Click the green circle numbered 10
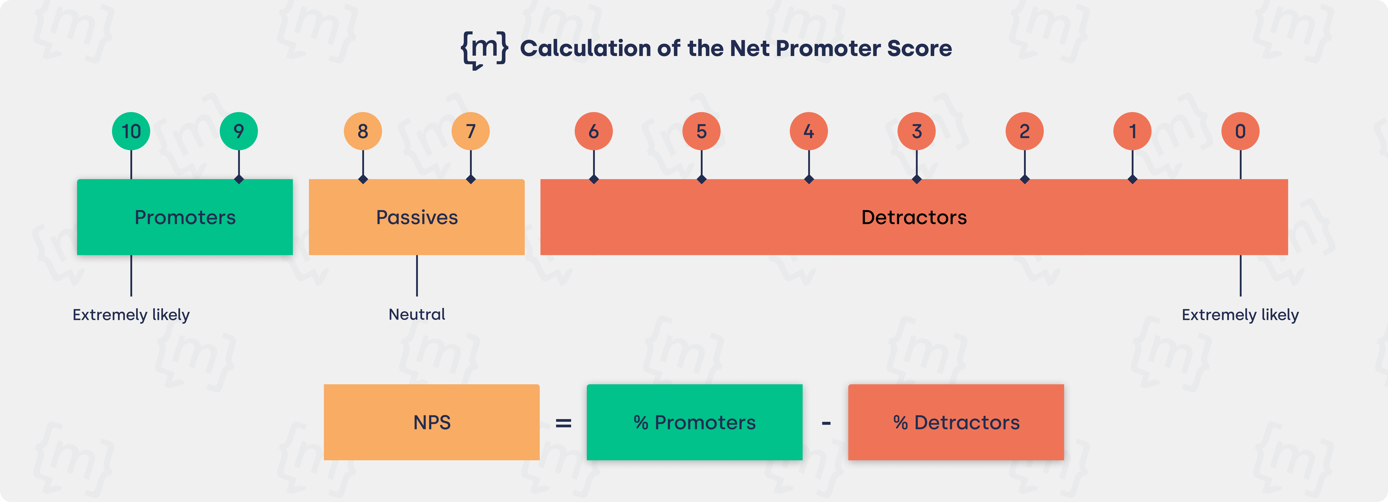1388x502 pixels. point(131,131)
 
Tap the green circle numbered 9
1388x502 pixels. point(239,131)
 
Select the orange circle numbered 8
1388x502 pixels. point(363,131)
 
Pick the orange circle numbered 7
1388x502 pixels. point(470,131)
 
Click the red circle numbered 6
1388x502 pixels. point(594,131)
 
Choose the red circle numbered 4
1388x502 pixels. point(809,131)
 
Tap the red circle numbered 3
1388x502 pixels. point(917,131)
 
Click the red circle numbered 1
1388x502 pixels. point(1133,131)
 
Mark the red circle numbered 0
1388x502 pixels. point(1240,131)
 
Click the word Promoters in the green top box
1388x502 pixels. point(185,217)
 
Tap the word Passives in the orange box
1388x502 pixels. point(416,217)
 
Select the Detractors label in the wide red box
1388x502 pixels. point(914,217)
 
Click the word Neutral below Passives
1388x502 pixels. point(416,314)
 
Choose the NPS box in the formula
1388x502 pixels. point(432,422)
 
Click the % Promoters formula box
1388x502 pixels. point(695,422)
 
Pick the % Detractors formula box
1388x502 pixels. point(956,422)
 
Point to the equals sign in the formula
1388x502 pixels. point(563,423)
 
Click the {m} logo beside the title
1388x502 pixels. point(484,49)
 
